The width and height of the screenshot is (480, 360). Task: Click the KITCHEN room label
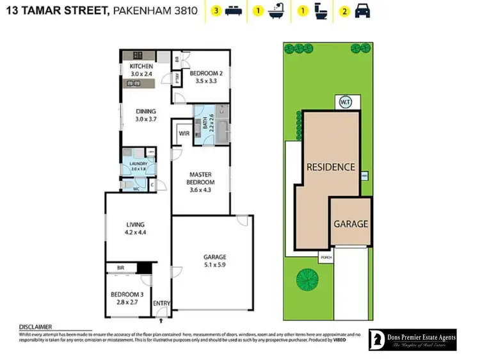141,67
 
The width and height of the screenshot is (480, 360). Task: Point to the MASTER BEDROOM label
201,177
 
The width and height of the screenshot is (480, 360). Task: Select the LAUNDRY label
139,164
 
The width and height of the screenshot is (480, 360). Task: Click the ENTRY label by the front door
161,304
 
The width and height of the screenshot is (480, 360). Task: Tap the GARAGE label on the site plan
350,224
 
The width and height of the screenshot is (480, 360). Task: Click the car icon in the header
362,11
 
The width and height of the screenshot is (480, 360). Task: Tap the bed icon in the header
232,11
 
